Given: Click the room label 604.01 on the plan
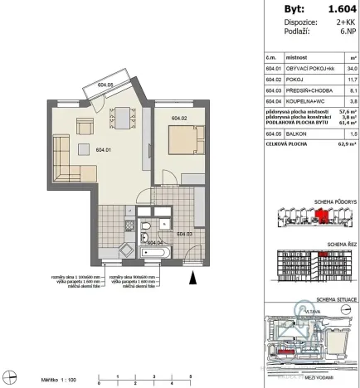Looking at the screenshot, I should (x=104, y=150).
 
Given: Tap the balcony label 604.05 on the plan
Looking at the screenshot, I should (x=105, y=84).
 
